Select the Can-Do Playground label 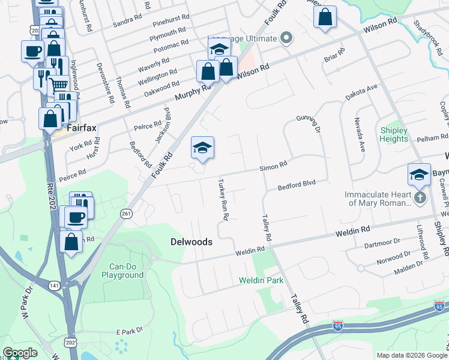click(x=126, y=271)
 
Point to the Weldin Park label click(x=261, y=280)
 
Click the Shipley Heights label click(x=394, y=134)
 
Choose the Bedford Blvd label click(x=296, y=187)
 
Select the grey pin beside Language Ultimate click(x=286, y=38)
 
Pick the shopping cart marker click(x=58, y=85)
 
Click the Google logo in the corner click(x=20, y=353)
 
